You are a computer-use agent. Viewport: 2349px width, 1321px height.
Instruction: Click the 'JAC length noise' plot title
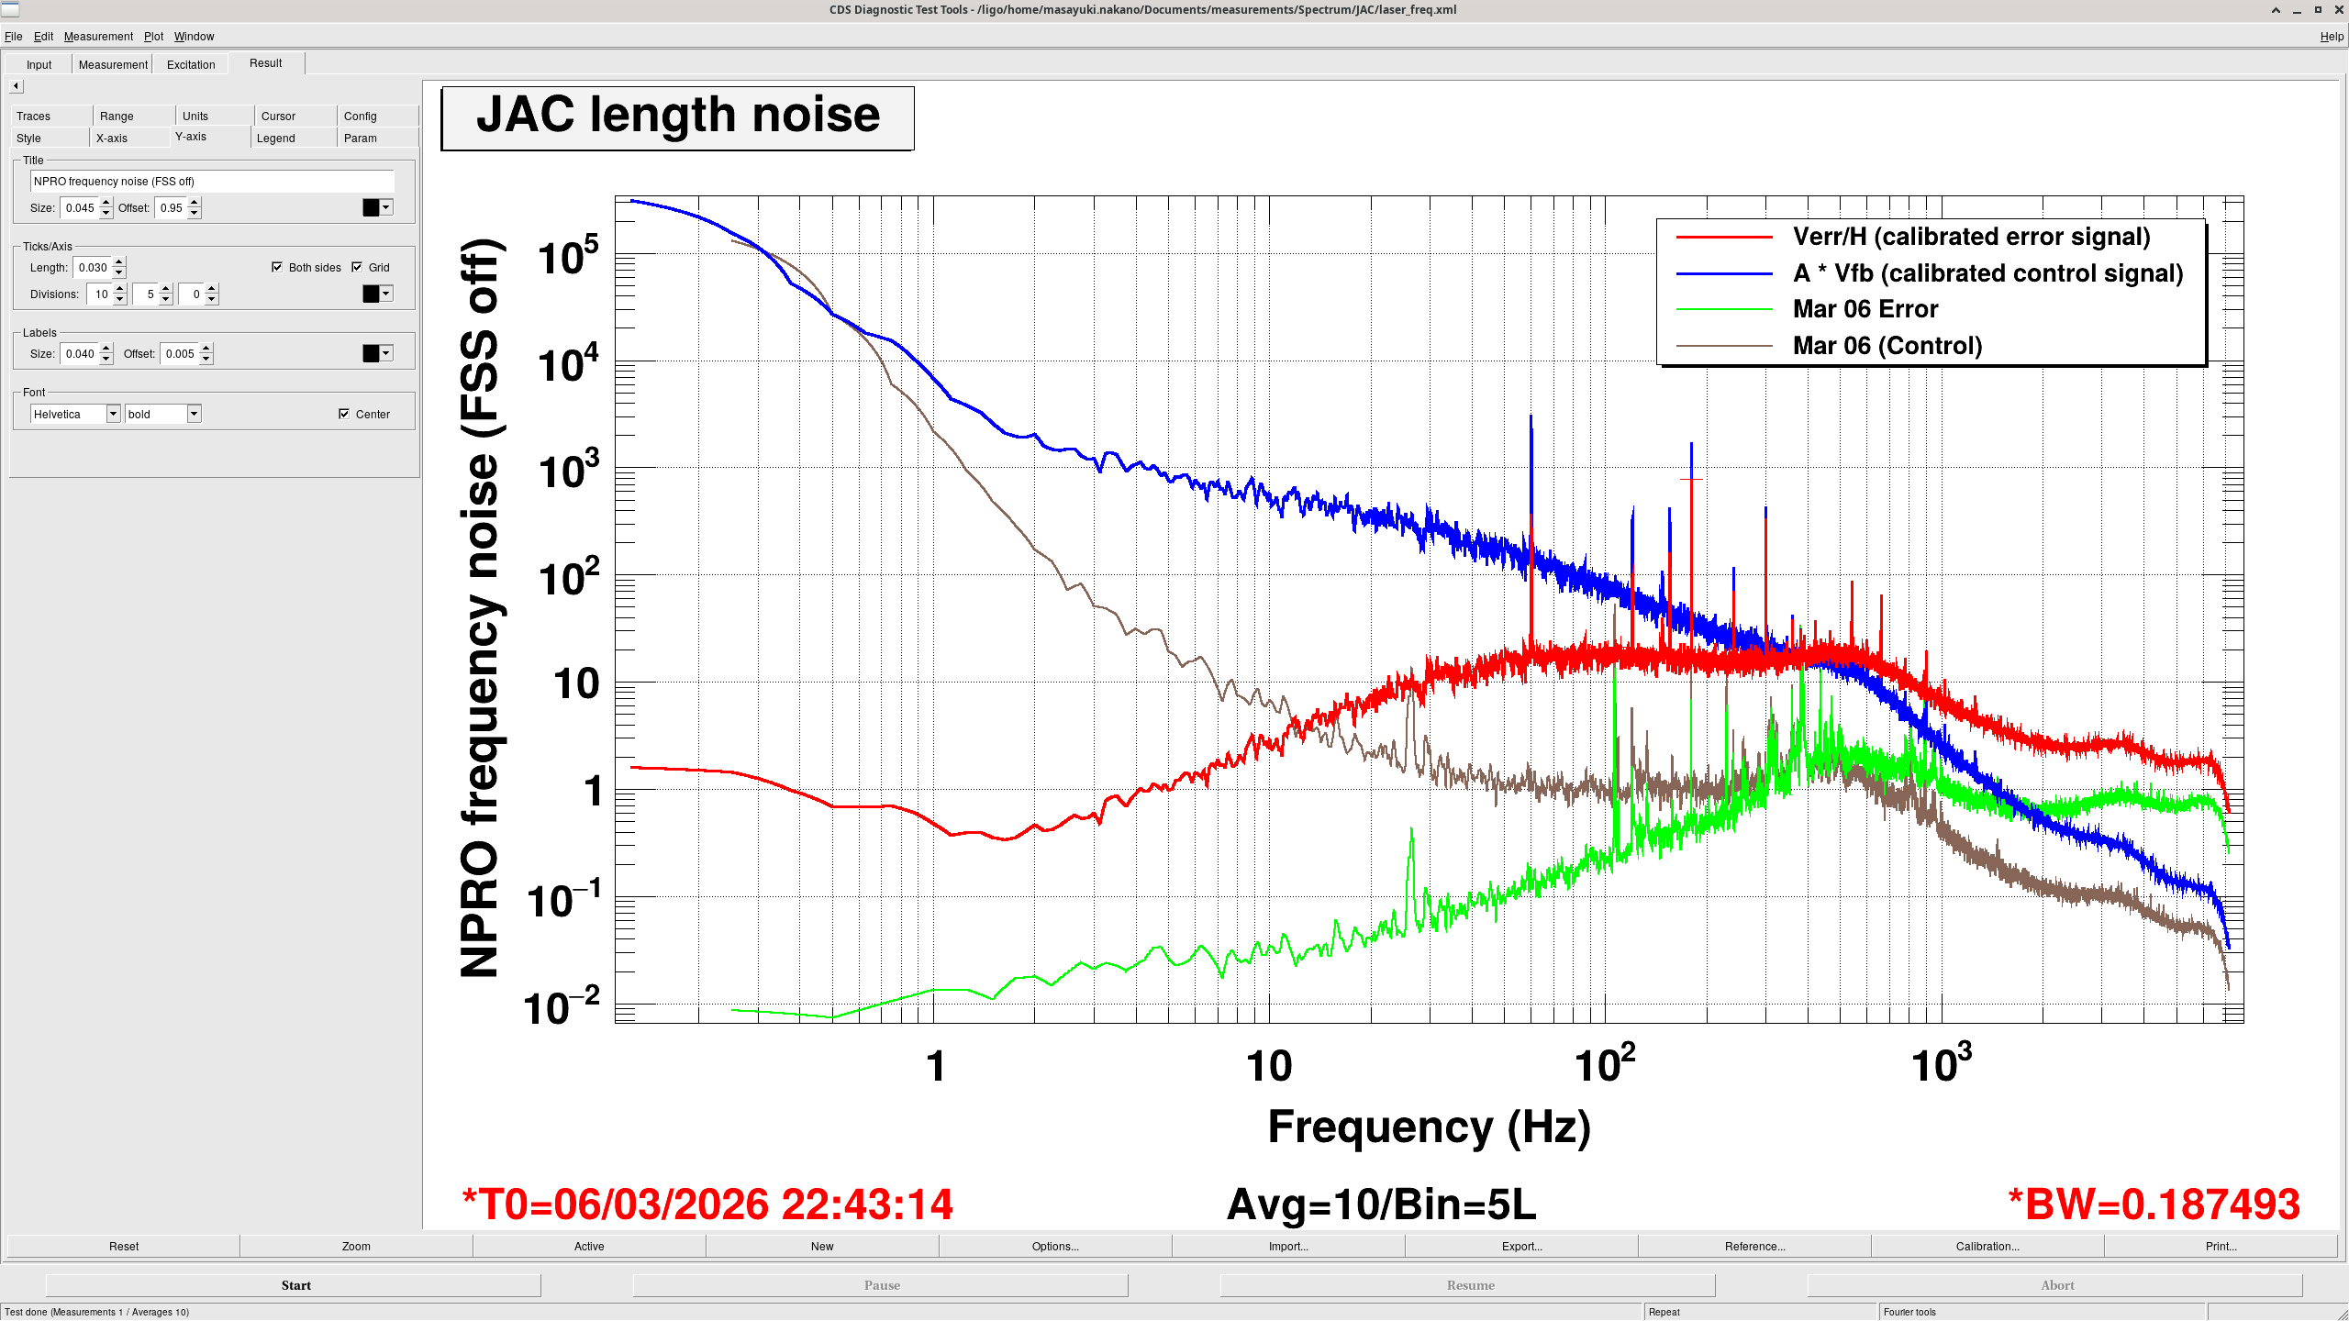677,117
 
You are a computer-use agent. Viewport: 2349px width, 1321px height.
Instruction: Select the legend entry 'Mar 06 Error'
1865,309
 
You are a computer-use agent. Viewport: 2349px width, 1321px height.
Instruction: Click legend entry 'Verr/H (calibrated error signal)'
1971,237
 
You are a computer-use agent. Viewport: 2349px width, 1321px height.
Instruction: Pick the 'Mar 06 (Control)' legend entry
1887,346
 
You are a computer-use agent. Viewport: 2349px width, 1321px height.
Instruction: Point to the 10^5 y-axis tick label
568,258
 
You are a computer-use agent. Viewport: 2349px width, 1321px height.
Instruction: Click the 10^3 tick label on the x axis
1940,1064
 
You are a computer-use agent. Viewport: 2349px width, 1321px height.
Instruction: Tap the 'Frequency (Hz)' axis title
1429,1127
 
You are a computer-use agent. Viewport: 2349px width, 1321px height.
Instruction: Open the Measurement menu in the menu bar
98,37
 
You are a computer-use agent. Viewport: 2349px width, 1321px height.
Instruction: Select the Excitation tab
191,64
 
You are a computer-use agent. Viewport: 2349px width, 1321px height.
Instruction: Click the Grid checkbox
358,268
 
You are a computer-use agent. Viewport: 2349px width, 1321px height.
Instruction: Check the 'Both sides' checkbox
277,268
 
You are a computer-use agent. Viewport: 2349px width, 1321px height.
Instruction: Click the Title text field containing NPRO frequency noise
211,182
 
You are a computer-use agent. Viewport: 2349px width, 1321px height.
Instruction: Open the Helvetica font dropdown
113,415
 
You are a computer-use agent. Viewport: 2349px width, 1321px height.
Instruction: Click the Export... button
1521,1247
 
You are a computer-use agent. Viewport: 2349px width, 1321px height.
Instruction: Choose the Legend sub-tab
275,139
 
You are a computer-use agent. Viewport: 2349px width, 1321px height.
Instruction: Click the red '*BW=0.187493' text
2153,1204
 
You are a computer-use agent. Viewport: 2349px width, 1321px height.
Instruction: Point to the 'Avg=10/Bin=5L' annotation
1381,1204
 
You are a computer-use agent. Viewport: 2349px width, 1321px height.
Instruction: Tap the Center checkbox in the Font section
344,415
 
